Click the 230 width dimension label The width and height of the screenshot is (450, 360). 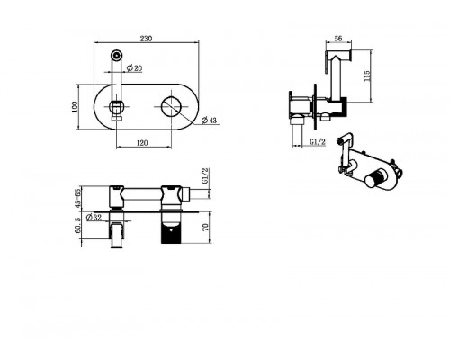point(146,39)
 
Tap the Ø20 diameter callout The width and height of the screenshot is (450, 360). point(134,68)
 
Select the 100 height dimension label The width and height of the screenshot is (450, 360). point(75,107)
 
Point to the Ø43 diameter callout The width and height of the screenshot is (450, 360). point(209,121)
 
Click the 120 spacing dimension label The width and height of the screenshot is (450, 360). point(142,143)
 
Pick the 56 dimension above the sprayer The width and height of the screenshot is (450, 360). point(338,39)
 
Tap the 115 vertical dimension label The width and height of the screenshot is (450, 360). point(366,76)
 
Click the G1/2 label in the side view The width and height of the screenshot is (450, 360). point(318,141)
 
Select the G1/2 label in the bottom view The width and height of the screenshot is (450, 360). point(205,176)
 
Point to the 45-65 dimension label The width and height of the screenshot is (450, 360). point(78,198)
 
